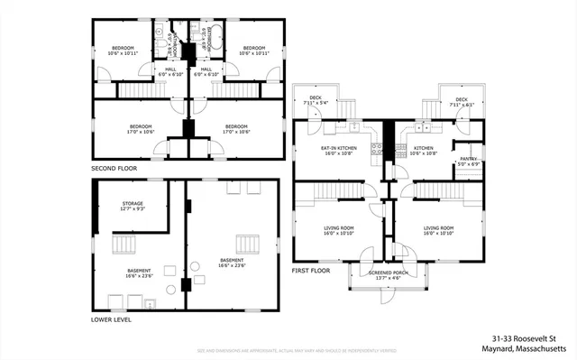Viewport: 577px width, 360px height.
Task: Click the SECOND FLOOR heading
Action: (x=114, y=169)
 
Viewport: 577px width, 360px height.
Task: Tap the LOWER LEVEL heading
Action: (x=113, y=319)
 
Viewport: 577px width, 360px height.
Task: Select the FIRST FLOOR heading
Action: (x=311, y=270)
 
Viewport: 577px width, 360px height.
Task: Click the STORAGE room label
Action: (x=133, y=203)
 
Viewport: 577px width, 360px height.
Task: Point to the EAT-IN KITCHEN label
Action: (x=338, y=147)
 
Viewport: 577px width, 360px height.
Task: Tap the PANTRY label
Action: (x=470, y=158)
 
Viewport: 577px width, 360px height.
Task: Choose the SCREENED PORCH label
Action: (x=388, y=272)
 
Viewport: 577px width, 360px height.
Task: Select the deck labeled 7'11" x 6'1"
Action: (x=461, y=103)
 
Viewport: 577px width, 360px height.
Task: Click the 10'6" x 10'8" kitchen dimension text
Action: (x=424, y=153)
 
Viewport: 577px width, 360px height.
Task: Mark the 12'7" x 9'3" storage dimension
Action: (x=133, y=208)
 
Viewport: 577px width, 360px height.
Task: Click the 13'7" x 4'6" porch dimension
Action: (x=388, y=277)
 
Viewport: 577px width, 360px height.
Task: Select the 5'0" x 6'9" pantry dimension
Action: (x=470, y=163)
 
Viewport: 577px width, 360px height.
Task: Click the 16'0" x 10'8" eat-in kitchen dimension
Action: (x=338, y=153)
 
